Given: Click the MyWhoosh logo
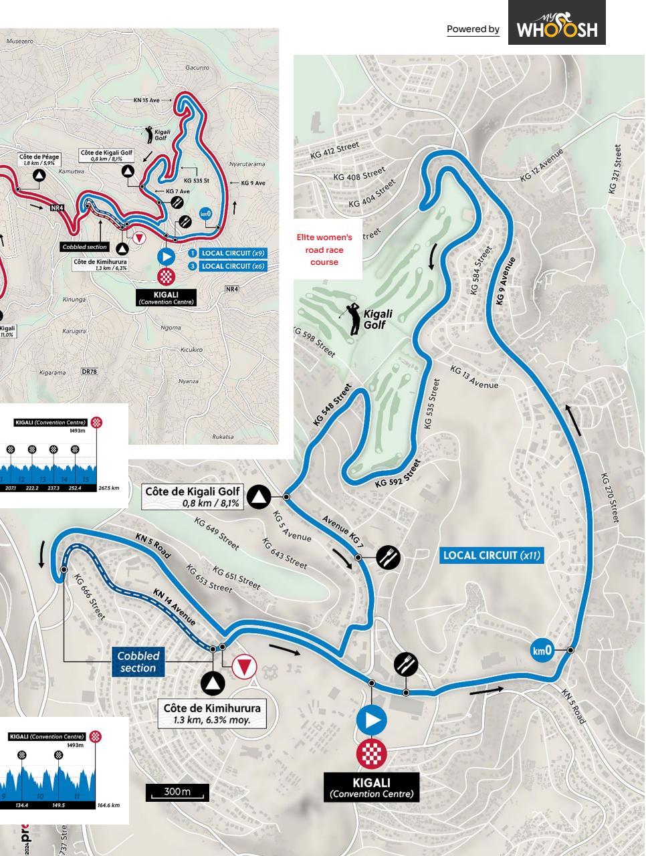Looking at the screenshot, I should point(556,23).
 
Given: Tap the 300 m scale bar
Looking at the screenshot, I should point(177,792).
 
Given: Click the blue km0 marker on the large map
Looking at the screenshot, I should point(542,650).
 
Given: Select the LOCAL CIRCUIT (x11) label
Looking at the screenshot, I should point(492,555).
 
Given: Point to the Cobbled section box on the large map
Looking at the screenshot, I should point(138,661).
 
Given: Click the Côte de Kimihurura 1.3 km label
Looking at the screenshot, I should point(213,714).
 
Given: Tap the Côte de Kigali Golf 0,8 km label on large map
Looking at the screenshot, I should point(193,497).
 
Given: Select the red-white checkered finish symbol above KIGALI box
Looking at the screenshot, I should point(371,754).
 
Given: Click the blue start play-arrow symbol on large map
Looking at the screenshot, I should point(371,720).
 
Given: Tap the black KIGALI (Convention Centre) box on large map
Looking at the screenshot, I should point(371,787).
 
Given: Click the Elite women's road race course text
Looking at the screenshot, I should point(324,249).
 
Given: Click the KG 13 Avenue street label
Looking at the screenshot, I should point(474,377).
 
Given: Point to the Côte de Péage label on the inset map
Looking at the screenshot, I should point(39,160).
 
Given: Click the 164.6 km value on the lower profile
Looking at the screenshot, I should point(108,805).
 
